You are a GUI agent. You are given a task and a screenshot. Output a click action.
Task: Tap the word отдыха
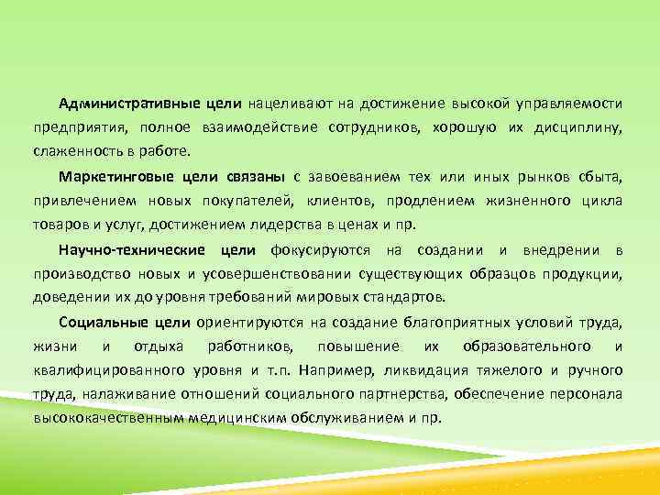(158, 346)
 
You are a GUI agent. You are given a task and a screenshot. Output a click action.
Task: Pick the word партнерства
(363, 394)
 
